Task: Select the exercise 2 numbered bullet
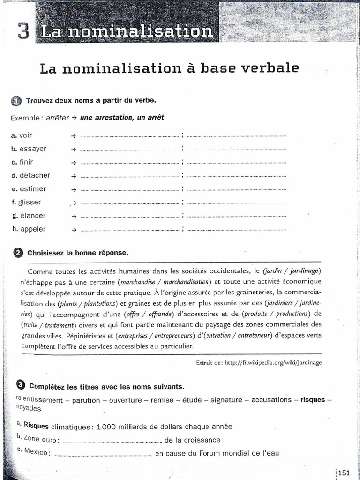point(18,253)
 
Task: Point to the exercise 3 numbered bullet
point(20,386)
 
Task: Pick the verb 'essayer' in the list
point(33,149)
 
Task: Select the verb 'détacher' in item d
point(35,175)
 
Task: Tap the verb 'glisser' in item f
point(30,202)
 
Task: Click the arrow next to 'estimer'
point(74,189)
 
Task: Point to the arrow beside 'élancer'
point(74,217)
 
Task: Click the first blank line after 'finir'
point(130,163)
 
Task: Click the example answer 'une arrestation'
point(103,118)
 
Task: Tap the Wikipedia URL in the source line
point(273,362)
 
